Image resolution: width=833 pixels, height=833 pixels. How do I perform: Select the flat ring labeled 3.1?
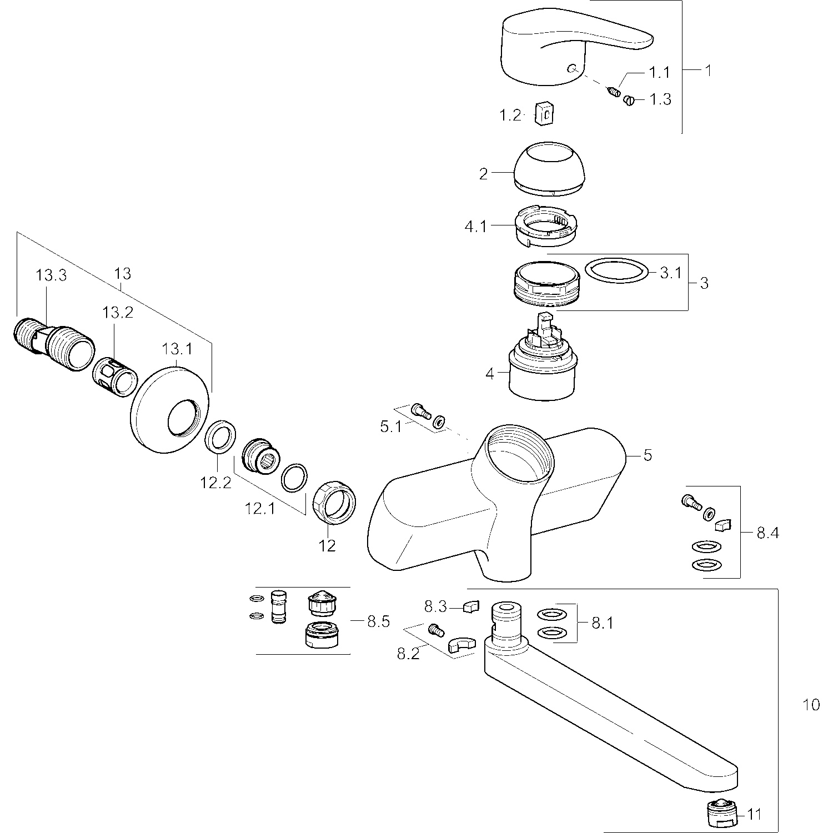[617, 272]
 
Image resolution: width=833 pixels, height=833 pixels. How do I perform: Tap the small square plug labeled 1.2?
[545, 114]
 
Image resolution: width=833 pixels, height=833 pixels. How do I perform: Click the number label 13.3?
[52, 275]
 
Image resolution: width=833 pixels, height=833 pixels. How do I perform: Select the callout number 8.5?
[378, 621]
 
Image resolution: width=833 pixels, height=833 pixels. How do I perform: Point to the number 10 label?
[811, 705]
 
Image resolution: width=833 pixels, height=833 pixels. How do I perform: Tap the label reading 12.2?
[216, 483]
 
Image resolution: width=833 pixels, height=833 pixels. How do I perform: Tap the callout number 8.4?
[768, 533]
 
